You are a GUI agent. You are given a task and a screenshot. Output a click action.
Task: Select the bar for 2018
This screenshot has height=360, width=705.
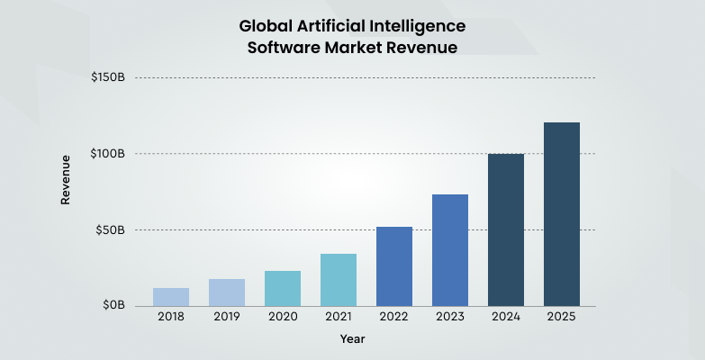(171, 297)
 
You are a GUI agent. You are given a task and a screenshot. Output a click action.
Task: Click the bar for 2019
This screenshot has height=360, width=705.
(227, 292)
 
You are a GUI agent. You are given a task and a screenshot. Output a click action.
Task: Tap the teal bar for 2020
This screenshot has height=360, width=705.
(283, 288)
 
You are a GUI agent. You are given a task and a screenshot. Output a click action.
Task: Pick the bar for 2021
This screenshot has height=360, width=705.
(339, 280)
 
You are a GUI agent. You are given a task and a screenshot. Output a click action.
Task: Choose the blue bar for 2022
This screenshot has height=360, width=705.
(394, 266)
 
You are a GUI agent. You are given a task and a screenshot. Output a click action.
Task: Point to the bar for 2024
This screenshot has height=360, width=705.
(506, 230)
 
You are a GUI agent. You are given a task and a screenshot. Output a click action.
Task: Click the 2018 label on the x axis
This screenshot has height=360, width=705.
(171, 317)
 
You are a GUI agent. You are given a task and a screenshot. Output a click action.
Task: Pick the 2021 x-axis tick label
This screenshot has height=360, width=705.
(339, 317)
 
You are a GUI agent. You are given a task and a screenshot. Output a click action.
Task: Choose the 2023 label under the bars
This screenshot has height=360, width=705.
(450, 317)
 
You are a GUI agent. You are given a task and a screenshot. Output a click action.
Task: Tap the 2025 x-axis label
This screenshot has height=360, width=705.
(562, 317)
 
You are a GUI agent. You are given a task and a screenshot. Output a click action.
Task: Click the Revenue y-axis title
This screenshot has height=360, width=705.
(66, 180)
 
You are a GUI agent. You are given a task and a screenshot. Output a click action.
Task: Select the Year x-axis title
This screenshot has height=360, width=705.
(352, 339)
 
